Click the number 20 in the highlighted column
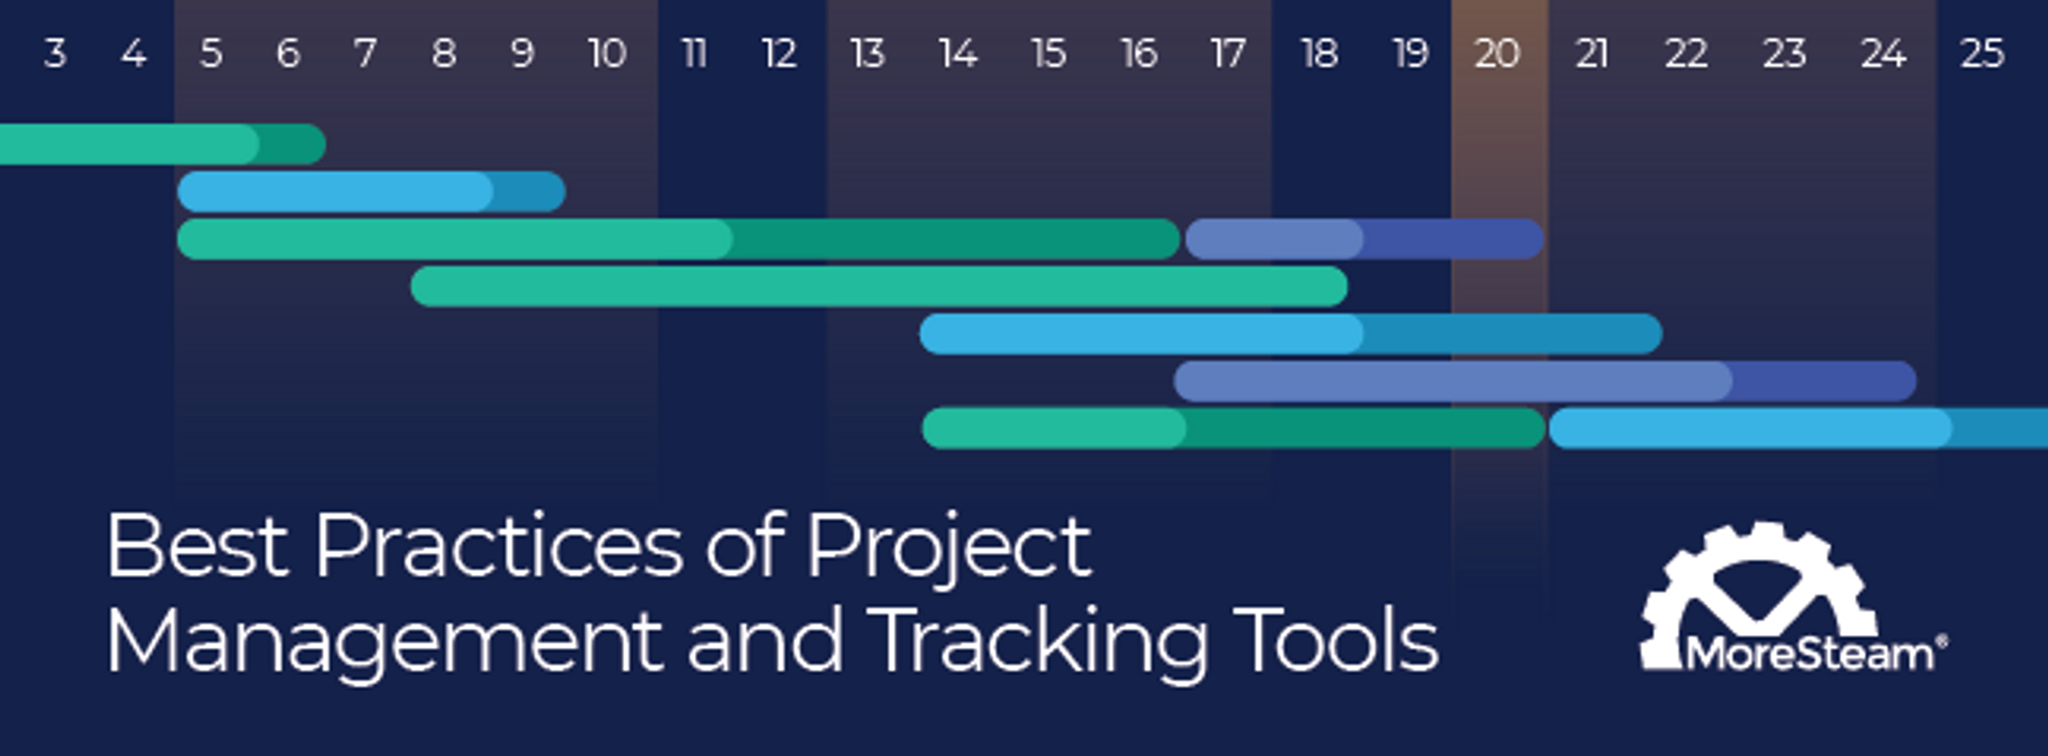(x=1497, y=54)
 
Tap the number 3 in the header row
(x=54, y=54)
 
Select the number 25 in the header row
(x=1982, y=54)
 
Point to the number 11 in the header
(x=694, y=54)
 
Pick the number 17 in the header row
(x=1228, y=54)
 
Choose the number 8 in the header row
(x=444, y=54)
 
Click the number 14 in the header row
(x=958, y=54)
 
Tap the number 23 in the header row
(x=1785, y=54)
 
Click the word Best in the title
(x=198, y=545)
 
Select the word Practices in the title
(x=499, y=545)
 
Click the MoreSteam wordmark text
(x=1810, y=654)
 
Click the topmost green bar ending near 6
(x=162, y=144)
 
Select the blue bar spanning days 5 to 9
(x=371, y=191)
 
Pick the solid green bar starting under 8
(x=879, y=286)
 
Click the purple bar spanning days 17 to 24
(x=1545, y=380)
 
